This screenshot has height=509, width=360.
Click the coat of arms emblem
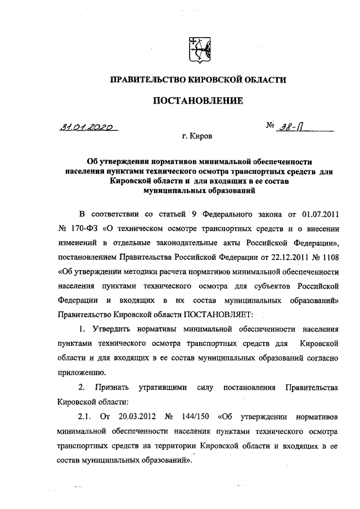(197, 49)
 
